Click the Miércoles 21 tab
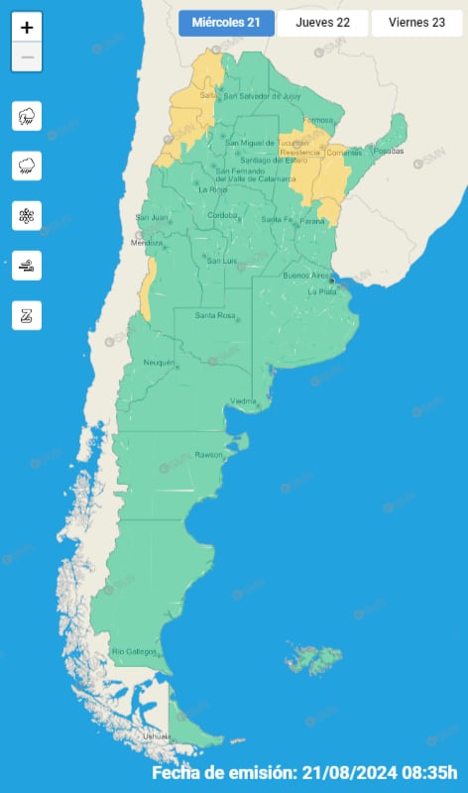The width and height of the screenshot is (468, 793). coord(226,23)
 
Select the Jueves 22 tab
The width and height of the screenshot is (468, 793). coord(322,23)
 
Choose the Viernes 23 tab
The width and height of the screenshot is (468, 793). coord(415,23)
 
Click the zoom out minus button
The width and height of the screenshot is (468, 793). coord(27,57)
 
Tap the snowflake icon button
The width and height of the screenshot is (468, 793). coord(27,215)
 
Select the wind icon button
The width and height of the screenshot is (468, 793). coord(27,265)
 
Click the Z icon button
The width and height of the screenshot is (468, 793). coord(27,315)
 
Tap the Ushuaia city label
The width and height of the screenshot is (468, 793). coord(157,736)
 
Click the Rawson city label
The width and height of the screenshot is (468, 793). coord(210,456)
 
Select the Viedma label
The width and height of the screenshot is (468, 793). coord(244,400)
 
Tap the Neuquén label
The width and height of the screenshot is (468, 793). coord(160,363)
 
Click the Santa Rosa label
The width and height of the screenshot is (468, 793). coord(213,315)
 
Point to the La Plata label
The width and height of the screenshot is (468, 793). coord(322,292)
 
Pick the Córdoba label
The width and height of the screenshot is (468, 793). coord(222,215)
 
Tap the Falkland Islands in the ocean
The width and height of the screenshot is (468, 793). coord(316,657)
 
